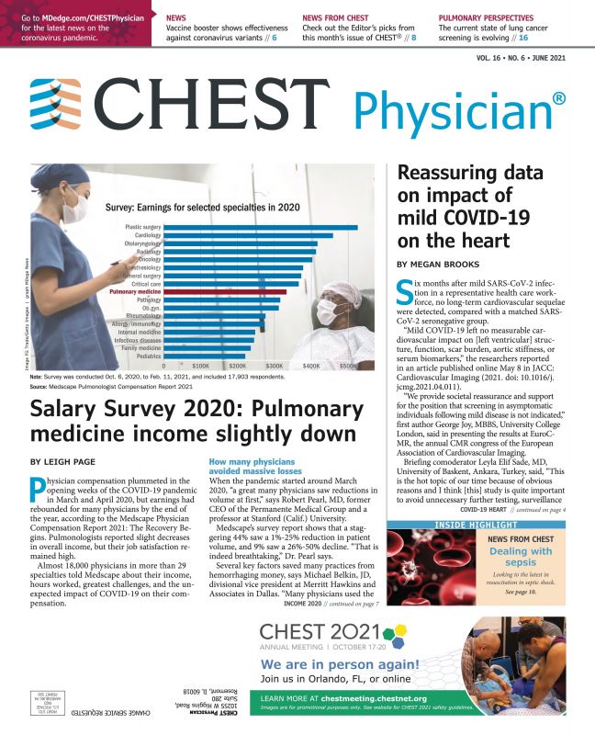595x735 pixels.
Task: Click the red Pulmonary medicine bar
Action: (x=229, y=291)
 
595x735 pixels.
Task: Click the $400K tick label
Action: (x=311, y=367)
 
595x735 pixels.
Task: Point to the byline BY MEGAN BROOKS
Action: (x=436, y=264)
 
